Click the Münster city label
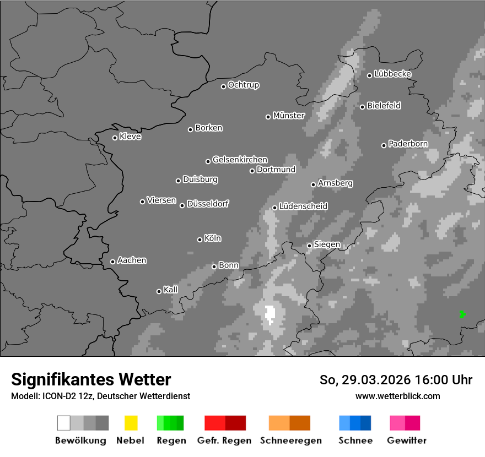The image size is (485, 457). pyautogui.click(x=289, y=116)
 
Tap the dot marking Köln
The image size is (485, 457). pyautogui.click(x=200, y=240)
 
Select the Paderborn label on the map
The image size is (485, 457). pyautogui.click(x=408, y=144)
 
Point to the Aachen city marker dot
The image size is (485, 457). pyautogui.click(x=112, y=262)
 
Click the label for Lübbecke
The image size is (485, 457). pyautogui.click(x=392, y=74)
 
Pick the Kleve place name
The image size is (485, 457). pyautogui.click(x=130, y=137)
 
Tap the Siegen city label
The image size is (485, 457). pyautogui.click(x=327, y=244)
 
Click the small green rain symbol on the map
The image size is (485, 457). pyautogui.click(x=462, y=314)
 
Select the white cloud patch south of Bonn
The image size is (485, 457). pyautogui.click(x=270, y=314)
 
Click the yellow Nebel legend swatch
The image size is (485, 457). pyautogui.click(x=131, y=423)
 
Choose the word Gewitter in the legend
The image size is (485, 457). pyautogui.click(x=407, y=440)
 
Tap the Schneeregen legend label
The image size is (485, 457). pyautogui.click(x=290, y=440)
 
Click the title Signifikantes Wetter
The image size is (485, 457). pyautogui.click(x=91, y=379)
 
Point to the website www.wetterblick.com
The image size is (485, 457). pyautogui.click(x=398, y=396)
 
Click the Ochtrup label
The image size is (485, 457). pyautogui.click(x=243, y=85)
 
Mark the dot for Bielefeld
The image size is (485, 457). pyautogui.click(x=362, y=107)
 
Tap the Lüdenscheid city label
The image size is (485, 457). pyautogui.click(x=303, y=206)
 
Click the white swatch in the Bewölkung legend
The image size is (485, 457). pyautogui.click(x=63, y=423)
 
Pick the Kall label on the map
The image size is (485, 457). pyautogui.click(x=171, y=290)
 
